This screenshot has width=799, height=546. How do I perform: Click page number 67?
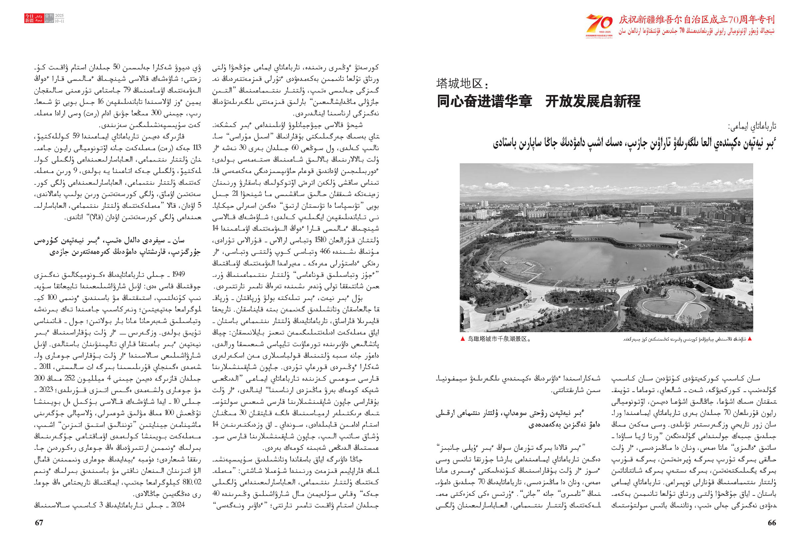click(x=39, y=523)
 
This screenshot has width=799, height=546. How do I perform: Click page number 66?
click(x=771, y=523)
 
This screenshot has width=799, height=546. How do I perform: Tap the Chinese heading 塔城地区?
click(x=461, y=84)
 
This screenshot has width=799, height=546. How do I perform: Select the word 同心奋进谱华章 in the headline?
click(x=484, y=102)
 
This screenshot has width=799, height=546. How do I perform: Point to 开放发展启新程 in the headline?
click(x=593, y=102)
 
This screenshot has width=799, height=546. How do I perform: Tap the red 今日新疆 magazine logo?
click(x=30, y=19)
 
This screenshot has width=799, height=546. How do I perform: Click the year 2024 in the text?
click(x=178, y=505)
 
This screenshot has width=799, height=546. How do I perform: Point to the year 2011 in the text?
click(x=45, y=367)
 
